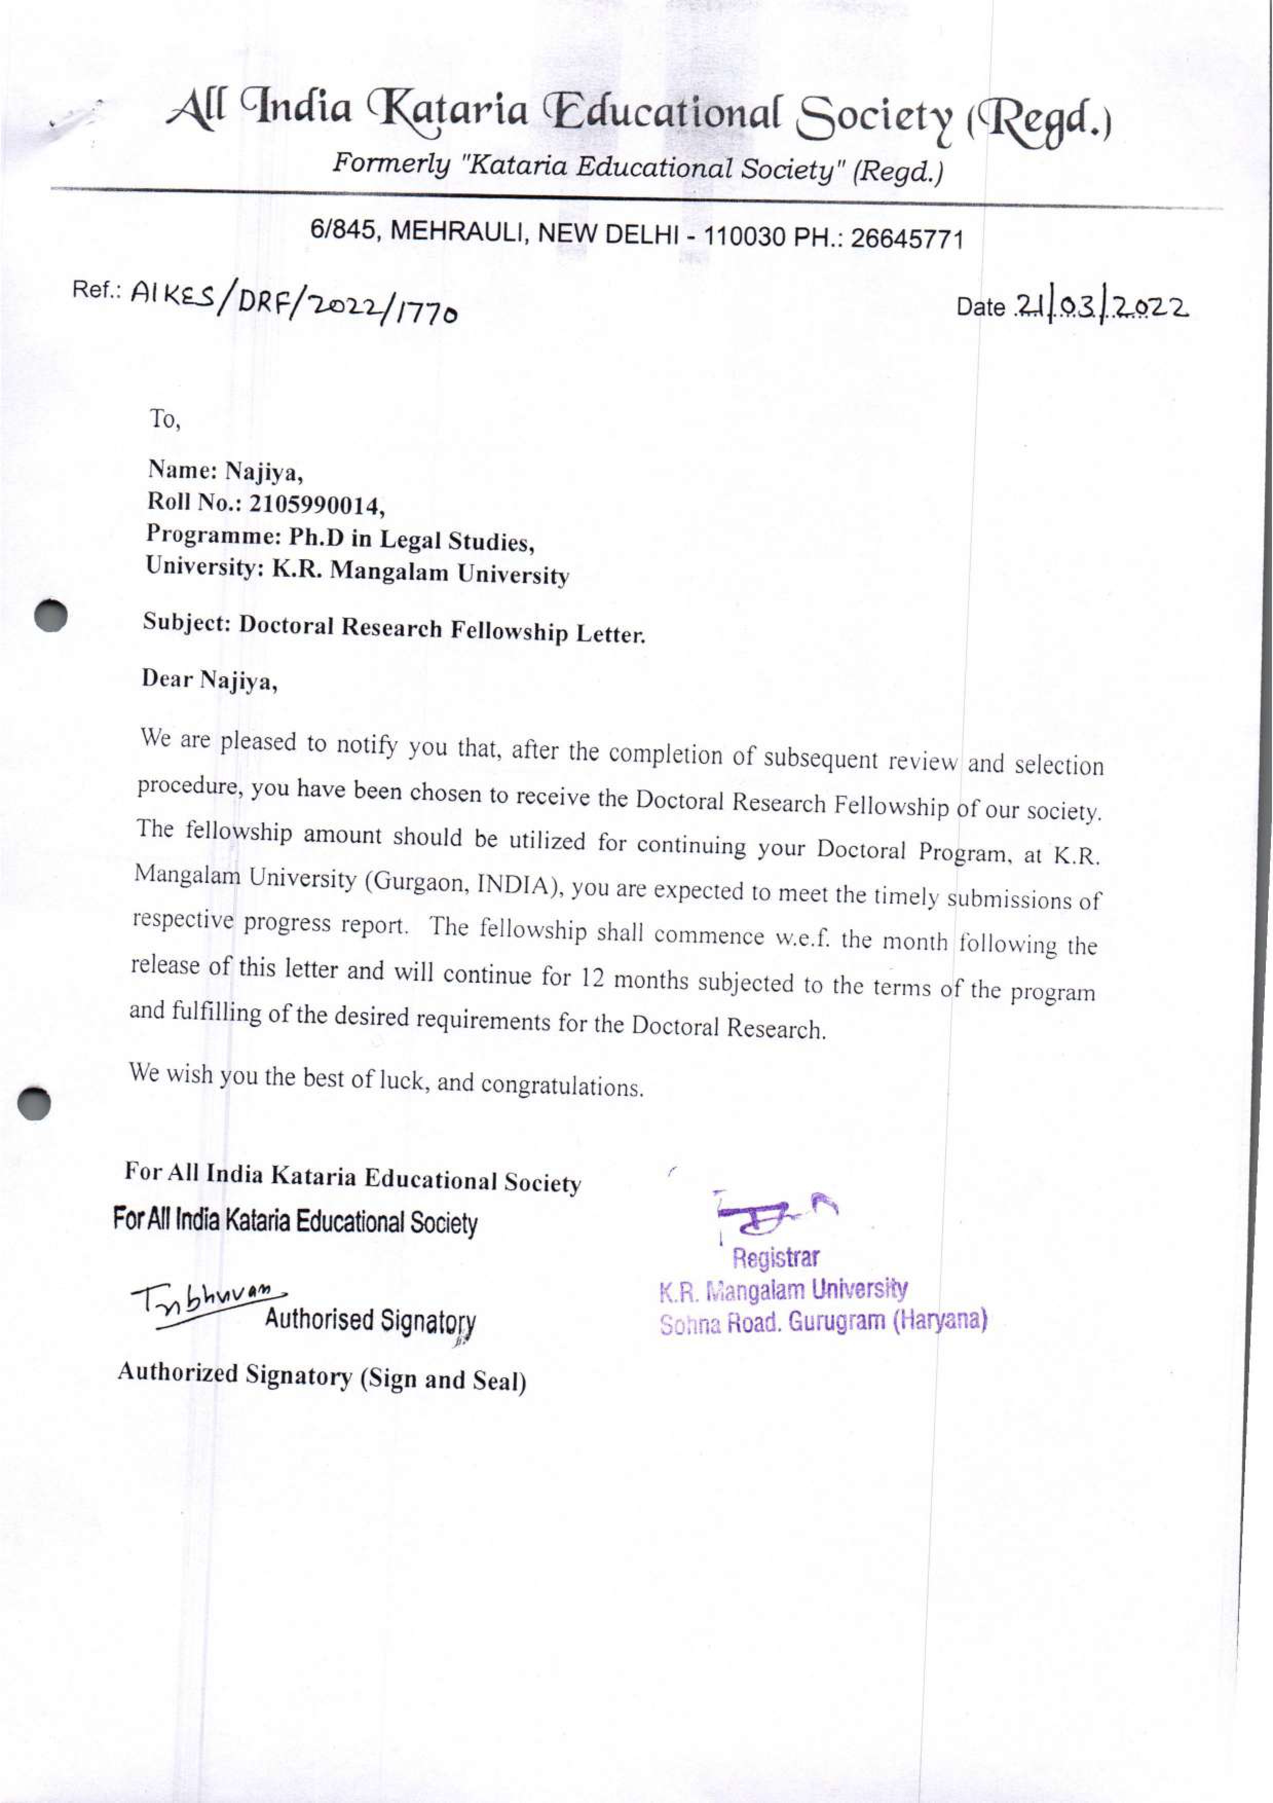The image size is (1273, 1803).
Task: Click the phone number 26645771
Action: [907, 237]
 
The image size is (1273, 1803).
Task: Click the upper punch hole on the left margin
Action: [52, 615]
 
